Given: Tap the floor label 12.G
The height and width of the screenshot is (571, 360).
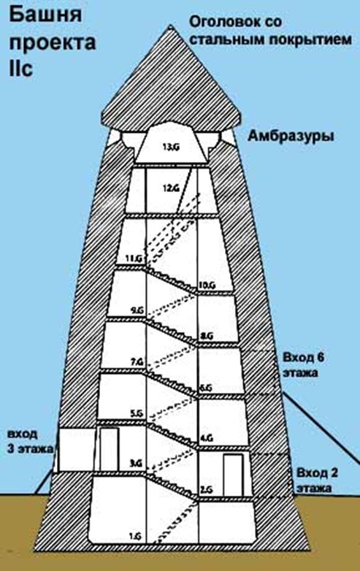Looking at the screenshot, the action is (x=171, y=188).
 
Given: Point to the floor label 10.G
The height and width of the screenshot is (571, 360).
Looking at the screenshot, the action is (x=207, y=285).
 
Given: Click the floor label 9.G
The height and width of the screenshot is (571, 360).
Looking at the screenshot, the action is (x=137, y=310).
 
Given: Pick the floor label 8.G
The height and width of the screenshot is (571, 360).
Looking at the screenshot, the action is (x=207, y=336).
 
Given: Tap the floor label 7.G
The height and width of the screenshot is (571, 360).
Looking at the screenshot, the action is (x=137, y=361).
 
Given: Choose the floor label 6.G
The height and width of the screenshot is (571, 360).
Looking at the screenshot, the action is (x=206, y=388).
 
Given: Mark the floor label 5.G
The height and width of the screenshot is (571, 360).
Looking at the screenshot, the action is (x=137, y=413).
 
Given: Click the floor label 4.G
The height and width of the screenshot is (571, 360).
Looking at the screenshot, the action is (x=207, y=438).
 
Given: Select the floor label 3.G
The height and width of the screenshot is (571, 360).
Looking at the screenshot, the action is (x=136, y=463).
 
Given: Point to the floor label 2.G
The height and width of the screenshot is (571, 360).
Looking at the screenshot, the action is (x=207, y=489).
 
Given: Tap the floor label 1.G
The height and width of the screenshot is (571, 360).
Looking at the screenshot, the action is (x=136, y=536).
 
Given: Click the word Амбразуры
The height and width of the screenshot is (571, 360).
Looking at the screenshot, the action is (x=291, y=137).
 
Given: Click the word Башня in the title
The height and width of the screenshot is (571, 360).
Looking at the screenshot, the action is (x=45, y=16).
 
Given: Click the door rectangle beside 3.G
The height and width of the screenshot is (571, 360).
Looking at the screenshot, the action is (x=110, y=449).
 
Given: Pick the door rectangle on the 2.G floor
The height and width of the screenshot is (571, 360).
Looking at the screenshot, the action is (x=233, y=475).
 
